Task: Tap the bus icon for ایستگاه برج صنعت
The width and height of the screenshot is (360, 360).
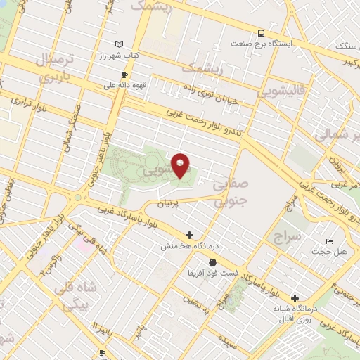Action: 262,33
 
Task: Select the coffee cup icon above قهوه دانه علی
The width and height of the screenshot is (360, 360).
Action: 125,75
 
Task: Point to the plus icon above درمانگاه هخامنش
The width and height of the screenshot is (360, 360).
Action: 188,235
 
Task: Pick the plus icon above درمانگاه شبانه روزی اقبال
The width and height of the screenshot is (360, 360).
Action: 295,298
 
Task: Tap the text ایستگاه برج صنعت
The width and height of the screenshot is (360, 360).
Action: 291,43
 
